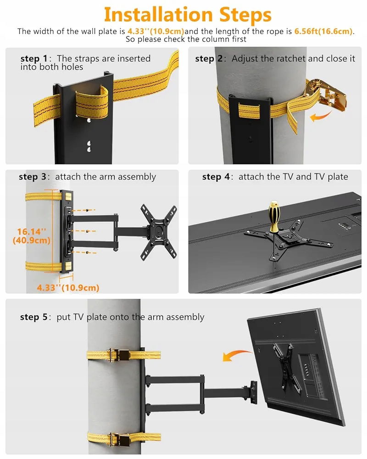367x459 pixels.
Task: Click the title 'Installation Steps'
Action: pos(188,15)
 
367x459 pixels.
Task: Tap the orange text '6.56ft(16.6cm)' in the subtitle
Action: pos(323,31)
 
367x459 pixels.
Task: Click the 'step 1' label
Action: pos(34,59)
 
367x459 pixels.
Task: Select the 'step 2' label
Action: pos(209,59)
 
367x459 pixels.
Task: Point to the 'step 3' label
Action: pos(33,177)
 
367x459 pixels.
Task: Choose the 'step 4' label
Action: pos(216,177)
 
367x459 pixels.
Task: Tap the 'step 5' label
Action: pos(33,317)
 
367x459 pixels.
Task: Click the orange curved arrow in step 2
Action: pos(321,116)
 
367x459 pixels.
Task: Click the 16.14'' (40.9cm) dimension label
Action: pos(31,235)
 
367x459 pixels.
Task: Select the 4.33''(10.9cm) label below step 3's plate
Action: pos(68,287)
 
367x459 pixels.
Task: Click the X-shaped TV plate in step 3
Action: pos(159,232)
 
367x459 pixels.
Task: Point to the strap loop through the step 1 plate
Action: pos(91,103)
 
